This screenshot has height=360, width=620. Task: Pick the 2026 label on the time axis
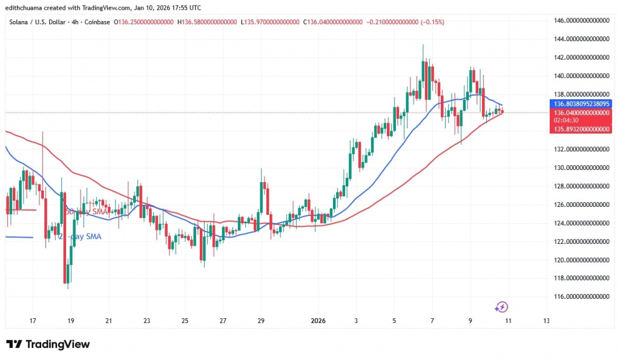coord(318,321)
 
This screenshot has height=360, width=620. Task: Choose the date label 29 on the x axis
coord(261,321)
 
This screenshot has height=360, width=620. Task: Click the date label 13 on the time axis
coord(547,321)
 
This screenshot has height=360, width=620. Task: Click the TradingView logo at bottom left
coord(48,344)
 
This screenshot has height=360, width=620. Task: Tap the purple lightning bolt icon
coord(501,307)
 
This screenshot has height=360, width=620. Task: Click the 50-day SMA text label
coord(85,212)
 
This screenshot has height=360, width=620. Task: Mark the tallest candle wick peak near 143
coord(423,45)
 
